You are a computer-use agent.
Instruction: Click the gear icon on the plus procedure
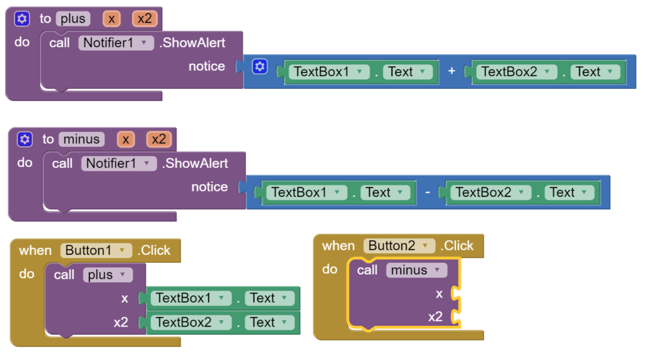coord(22,19)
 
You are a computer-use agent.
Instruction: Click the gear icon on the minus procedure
coord(25,139)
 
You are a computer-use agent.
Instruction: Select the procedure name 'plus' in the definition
coord(73,19)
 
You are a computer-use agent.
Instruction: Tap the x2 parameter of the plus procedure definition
coord(144,19)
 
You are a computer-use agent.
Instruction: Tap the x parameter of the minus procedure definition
coord(126,139)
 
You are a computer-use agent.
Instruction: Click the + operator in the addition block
coord(452,72)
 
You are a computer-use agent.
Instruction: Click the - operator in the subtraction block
coord(428,193)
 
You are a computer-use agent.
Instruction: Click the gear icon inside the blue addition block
coord(260,66)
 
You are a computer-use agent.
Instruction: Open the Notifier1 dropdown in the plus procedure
coord(144,43)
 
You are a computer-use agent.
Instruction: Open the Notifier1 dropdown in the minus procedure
coord(147,163)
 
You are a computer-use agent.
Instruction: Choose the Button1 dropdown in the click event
coord(121,250)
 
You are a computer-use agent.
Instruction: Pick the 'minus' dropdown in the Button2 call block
coord(436,270)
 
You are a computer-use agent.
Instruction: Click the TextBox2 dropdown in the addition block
coord(546,72)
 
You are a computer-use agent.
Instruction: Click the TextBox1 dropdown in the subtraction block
coord(337,193)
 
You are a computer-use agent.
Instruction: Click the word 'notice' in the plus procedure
coord(206,66)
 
